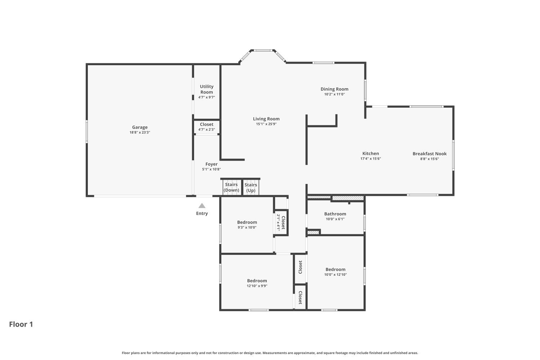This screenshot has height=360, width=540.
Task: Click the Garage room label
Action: (140, 127)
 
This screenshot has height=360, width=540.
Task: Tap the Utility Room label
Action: (207, 89)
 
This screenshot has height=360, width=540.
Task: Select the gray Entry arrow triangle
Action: (202, 206)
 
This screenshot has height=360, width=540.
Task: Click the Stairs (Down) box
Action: (231, 188)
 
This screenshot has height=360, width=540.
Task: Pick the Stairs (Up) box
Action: (251, 188)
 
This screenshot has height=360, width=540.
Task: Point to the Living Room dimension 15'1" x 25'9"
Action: (266, 124)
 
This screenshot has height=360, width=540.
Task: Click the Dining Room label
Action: (334, 89)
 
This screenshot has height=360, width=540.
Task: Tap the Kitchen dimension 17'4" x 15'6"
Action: (370, 159)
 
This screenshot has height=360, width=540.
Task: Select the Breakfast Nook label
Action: (429, 154)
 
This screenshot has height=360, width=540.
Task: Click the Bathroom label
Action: (335, 214)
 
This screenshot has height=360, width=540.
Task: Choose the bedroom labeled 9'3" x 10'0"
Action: (247, 225)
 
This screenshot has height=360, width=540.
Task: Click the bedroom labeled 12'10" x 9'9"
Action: (257, 283)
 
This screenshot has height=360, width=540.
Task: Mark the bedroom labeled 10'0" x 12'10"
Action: (336, 272)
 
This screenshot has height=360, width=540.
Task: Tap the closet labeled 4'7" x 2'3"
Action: (207, 127)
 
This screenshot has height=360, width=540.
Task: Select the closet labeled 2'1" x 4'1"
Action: (281, 223)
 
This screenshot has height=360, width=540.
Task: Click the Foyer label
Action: (211, 164)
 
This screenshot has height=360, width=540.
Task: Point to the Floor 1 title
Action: (21, 324)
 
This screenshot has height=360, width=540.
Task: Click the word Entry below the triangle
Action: (202, 213)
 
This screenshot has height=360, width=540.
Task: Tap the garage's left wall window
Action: (87, 131)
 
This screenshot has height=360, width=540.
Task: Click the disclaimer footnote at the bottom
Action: (270, 353)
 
